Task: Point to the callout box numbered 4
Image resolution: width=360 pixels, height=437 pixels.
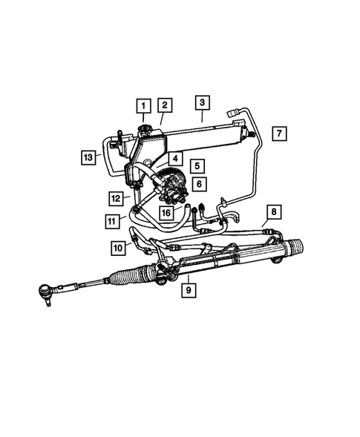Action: point(174,158)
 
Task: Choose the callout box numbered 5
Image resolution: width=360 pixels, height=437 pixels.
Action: point(197,166)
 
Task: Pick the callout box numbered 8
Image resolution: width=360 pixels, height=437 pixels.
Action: point(273,213)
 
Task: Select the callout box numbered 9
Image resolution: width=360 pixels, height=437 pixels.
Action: point(189,287)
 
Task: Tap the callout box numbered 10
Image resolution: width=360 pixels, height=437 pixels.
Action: point(118,246)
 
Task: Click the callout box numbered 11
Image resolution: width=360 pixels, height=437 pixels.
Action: point(112,220)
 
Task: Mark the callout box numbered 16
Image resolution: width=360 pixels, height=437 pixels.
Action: point(168,212)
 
